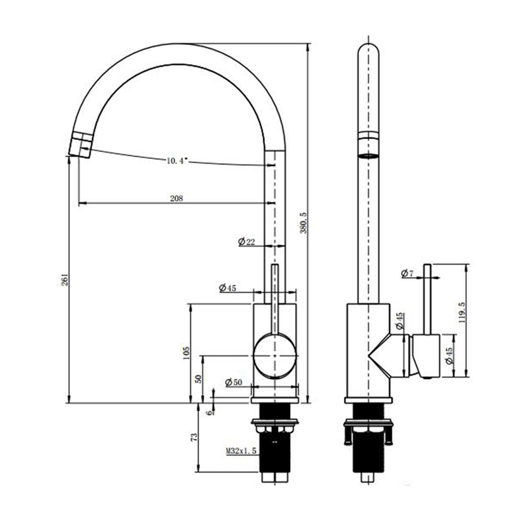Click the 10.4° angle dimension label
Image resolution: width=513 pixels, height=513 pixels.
[176, 162]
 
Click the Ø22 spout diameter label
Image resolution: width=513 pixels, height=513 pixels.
[247, 243]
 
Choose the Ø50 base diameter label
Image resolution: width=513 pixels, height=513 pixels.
[233, 383]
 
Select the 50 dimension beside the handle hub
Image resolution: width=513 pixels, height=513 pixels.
[198, 379]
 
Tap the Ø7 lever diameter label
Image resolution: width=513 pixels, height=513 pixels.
[408, 274]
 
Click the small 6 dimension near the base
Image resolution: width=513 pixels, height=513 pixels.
[209, 412]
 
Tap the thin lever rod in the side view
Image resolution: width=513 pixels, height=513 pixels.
[427, 299]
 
